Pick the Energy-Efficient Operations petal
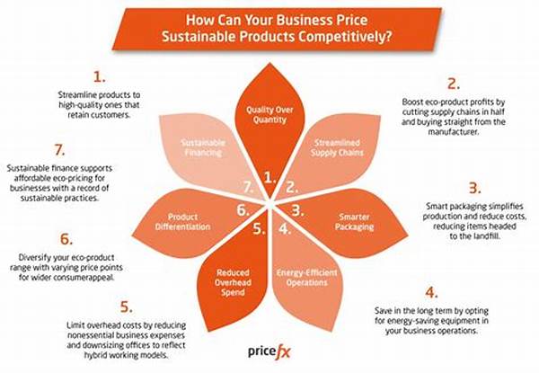click(x=307, y=271)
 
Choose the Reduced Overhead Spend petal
click(x=234, y=275)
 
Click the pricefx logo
click(x=269, y=352)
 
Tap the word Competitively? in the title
click(x=345, y=37)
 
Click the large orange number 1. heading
click(x=100, y=76)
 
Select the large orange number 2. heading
click(x=454, y=84)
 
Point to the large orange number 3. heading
click(x=474, y=188)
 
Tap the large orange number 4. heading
click(x=431, y=292)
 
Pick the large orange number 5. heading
click(x=126, y=306)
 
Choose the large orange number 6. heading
click(x=66, y=239)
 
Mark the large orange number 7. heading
click(x=60, y=150)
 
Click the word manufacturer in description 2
click(x=454, y=131)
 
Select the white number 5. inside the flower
click(x=260, y=228)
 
